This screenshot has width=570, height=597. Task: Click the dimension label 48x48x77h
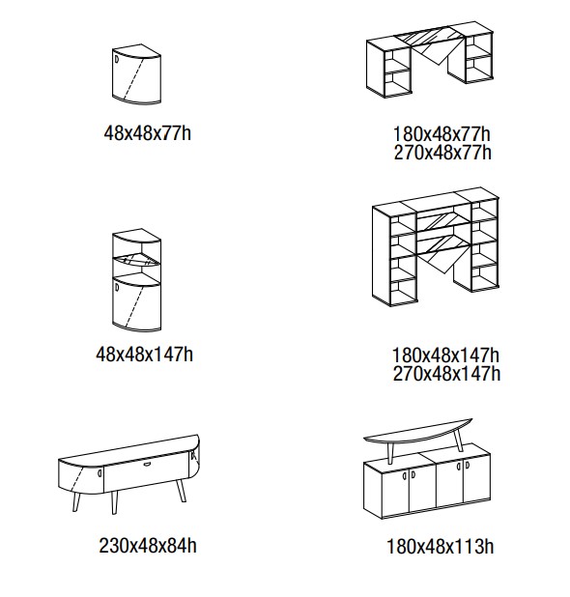147,133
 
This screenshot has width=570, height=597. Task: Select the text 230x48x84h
148,546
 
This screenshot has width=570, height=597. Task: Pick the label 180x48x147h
445,355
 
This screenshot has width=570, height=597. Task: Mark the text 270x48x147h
445,373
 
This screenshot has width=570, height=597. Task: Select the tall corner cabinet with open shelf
135,280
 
